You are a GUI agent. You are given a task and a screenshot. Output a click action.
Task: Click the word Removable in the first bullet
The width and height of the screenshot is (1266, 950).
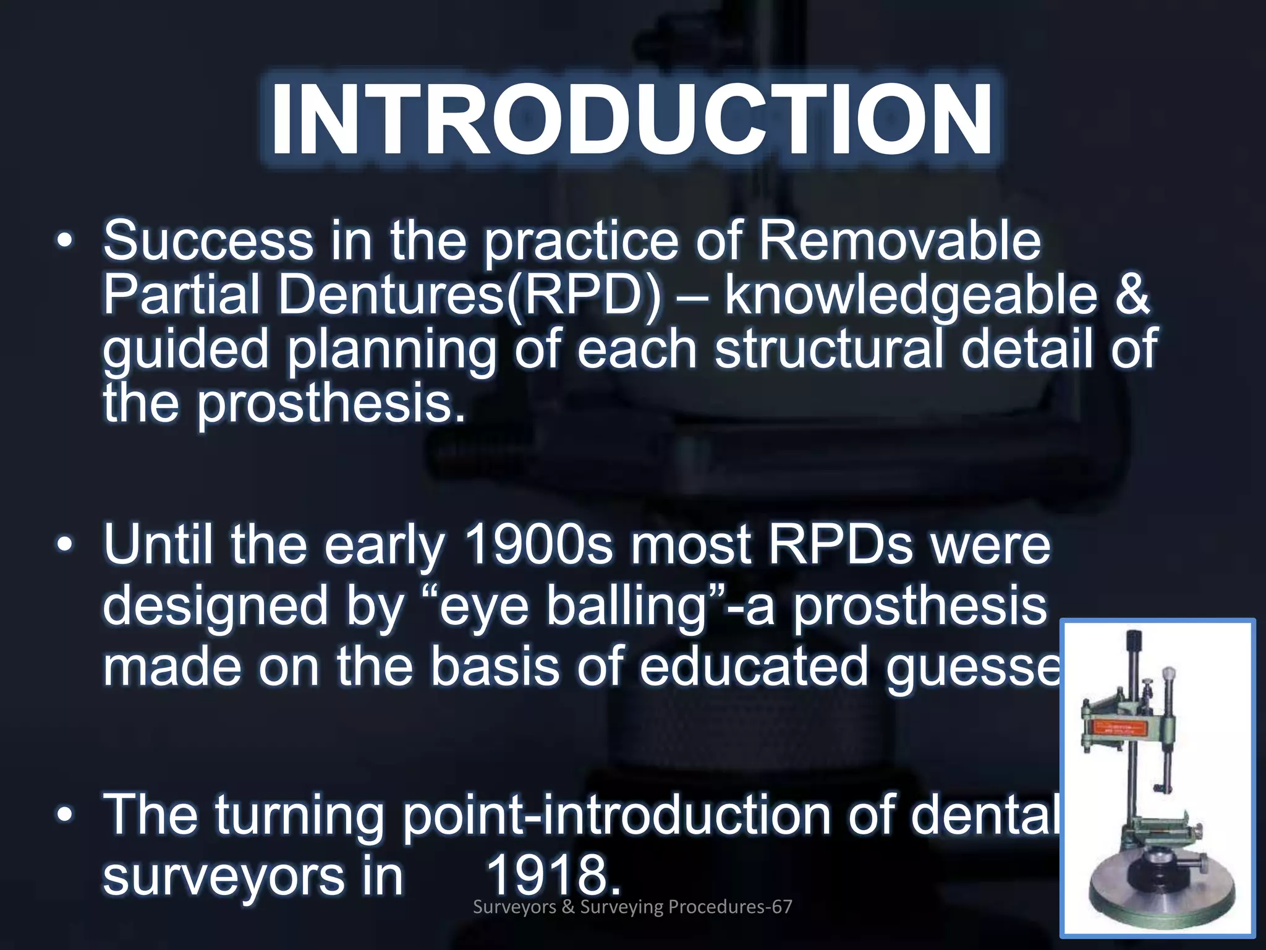[899, 241]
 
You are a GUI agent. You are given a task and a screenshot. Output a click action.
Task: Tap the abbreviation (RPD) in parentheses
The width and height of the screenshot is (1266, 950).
[585, 295]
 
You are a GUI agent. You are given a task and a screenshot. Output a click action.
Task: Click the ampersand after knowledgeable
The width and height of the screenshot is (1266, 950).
[1133, 295]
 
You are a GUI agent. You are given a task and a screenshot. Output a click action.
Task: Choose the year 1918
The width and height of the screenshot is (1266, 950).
[552, 876]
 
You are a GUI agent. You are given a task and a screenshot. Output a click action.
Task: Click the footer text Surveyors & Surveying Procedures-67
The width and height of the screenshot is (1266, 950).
[632, 907]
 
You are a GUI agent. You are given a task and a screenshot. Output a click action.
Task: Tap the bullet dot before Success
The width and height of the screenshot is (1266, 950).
[64, 242]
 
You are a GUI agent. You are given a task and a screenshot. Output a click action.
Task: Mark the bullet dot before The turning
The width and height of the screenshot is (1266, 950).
[64, 816]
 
